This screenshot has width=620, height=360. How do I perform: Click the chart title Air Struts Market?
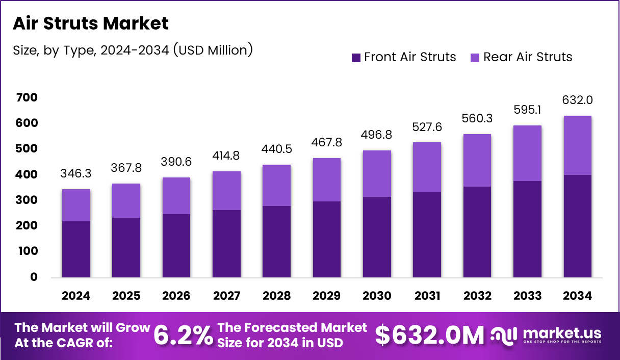click(x=90, y=23)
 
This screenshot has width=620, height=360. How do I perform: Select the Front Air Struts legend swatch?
click(x=356, y=57)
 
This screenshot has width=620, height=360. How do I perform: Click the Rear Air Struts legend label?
click(x=528, y=57)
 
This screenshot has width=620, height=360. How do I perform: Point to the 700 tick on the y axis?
click(x=27, y=97)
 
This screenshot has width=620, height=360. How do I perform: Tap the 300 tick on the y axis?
click(x=27, y=200)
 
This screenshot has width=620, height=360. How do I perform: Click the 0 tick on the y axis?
click(x=34, y=277)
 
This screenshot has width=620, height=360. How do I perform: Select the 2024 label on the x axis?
click(x=76, y=296)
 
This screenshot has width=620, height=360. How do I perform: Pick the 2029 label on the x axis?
click(x=327, y=296)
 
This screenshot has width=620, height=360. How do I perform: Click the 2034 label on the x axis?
click(x=578, y=296)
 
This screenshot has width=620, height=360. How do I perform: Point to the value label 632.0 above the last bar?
click(x=578, y=100)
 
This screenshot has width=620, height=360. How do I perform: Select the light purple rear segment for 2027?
click(x=227, y=191)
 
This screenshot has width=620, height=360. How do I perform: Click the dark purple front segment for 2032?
click(x=477, y=232)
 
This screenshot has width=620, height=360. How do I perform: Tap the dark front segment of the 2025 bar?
click(x=126, y=247)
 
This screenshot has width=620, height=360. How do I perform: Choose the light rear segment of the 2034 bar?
click(x=578, y=145)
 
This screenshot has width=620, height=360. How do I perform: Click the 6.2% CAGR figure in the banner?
click(x=183, y=335)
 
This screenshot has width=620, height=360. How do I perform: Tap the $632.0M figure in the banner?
click(x=429, y=336)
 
